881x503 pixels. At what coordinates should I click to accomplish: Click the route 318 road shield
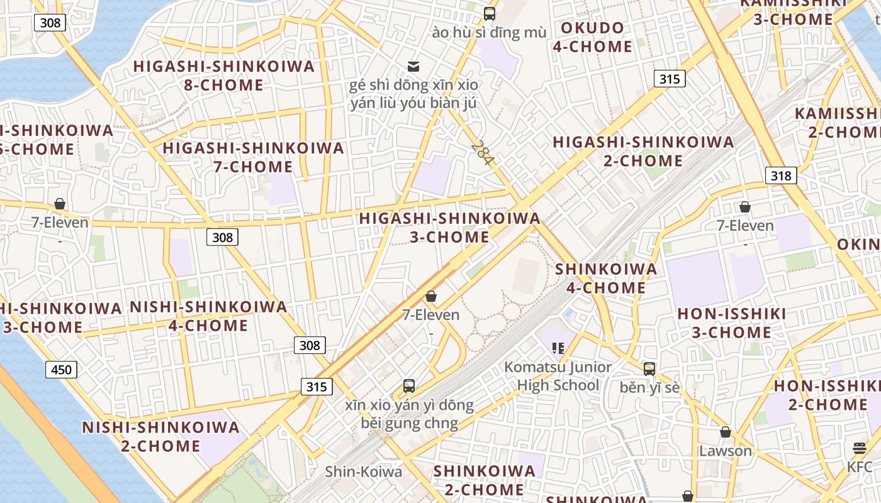coord(781,175)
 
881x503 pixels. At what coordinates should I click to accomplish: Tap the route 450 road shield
coord(61,369)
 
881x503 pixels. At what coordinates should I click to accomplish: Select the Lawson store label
coord(726,451)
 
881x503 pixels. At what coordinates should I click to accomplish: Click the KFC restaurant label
coord(860,467)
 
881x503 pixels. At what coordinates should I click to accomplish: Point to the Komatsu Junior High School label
coord(558,376)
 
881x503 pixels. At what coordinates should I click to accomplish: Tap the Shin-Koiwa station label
coord(363,472)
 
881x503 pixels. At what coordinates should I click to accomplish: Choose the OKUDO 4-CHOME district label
coord(592,37)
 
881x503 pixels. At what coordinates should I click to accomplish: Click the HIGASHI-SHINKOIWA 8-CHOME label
coord(223,75)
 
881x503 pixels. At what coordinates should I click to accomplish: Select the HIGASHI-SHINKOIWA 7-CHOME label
coord(254,157)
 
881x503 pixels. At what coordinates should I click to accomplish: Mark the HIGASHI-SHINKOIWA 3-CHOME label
coord(449,228)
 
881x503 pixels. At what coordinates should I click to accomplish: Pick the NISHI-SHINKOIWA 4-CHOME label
coord(208,316)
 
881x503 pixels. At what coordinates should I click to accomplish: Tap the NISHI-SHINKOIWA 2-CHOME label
coord(160,437)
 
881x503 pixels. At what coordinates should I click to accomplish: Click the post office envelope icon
coord(413,66)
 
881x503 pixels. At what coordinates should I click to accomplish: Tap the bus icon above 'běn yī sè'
coord(649,369)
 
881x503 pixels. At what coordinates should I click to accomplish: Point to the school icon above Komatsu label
coord(558,348)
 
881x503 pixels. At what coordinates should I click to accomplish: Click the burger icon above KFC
coord(860,448)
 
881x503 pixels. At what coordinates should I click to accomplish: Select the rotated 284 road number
coord(482,153)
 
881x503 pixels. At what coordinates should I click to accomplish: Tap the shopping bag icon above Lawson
coord(726,432)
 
